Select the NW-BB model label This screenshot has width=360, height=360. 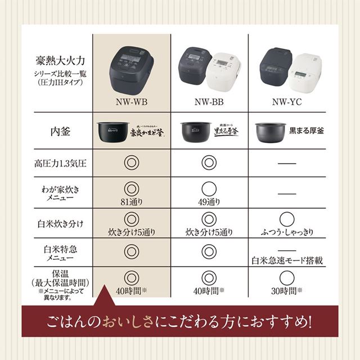209,102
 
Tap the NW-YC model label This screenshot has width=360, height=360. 286,102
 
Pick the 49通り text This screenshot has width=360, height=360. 209,201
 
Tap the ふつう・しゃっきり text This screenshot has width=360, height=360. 287,232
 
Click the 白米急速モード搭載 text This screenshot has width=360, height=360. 287,261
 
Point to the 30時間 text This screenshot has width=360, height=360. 286,291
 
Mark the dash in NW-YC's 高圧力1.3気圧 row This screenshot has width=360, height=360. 286,163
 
